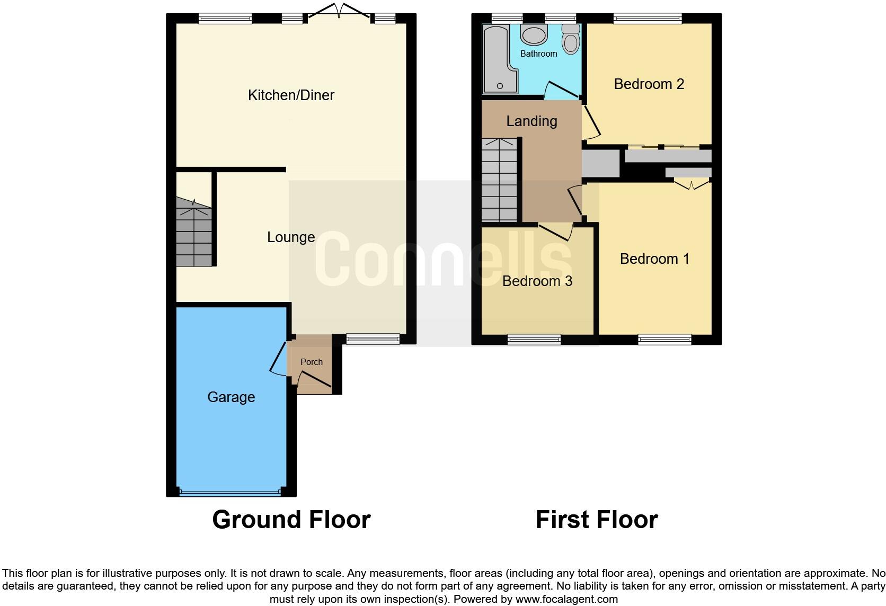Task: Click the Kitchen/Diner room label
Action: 291,95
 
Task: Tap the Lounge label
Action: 291,237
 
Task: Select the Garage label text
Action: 231,397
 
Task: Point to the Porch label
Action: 312,362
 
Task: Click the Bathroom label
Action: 538,54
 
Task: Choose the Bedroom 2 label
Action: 649,84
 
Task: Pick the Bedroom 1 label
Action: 654,259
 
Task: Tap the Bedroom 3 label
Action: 537,281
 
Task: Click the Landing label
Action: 531,121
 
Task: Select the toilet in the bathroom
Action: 571,39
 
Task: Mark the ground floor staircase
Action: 194,233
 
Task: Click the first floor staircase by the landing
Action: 499,180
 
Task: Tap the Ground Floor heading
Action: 291,520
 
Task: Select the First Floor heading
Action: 597,520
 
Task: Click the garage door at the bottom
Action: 231,492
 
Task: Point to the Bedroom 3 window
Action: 534,340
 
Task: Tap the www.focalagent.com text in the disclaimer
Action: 566,600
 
